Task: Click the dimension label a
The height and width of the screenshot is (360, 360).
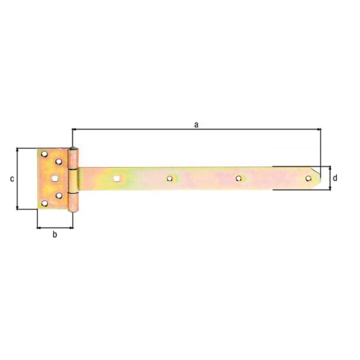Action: [x=197, y=124]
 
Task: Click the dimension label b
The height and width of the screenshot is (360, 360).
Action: [x=55, y=235]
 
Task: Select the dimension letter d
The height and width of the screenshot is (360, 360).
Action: [x=335, y=178]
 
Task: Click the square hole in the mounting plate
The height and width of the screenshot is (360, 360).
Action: [x=54, y=179]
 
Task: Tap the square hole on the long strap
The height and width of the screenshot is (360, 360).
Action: [x=117, y=178]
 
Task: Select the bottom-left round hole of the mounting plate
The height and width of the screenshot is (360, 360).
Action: [x=44, y=203]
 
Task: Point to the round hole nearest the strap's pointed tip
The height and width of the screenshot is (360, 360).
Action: [x=308, y=178]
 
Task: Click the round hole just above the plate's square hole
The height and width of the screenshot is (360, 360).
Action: [x=59, y=162]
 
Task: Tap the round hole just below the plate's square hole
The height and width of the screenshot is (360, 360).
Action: [x=59, y=196]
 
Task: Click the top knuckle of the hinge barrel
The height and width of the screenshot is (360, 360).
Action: [x=73, y=159]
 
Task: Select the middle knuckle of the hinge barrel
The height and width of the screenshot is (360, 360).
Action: [x=73, y=180]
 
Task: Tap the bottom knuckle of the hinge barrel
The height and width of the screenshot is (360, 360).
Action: [x=73, y=201]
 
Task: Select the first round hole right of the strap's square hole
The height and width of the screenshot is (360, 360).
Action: [x=170, y=178]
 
